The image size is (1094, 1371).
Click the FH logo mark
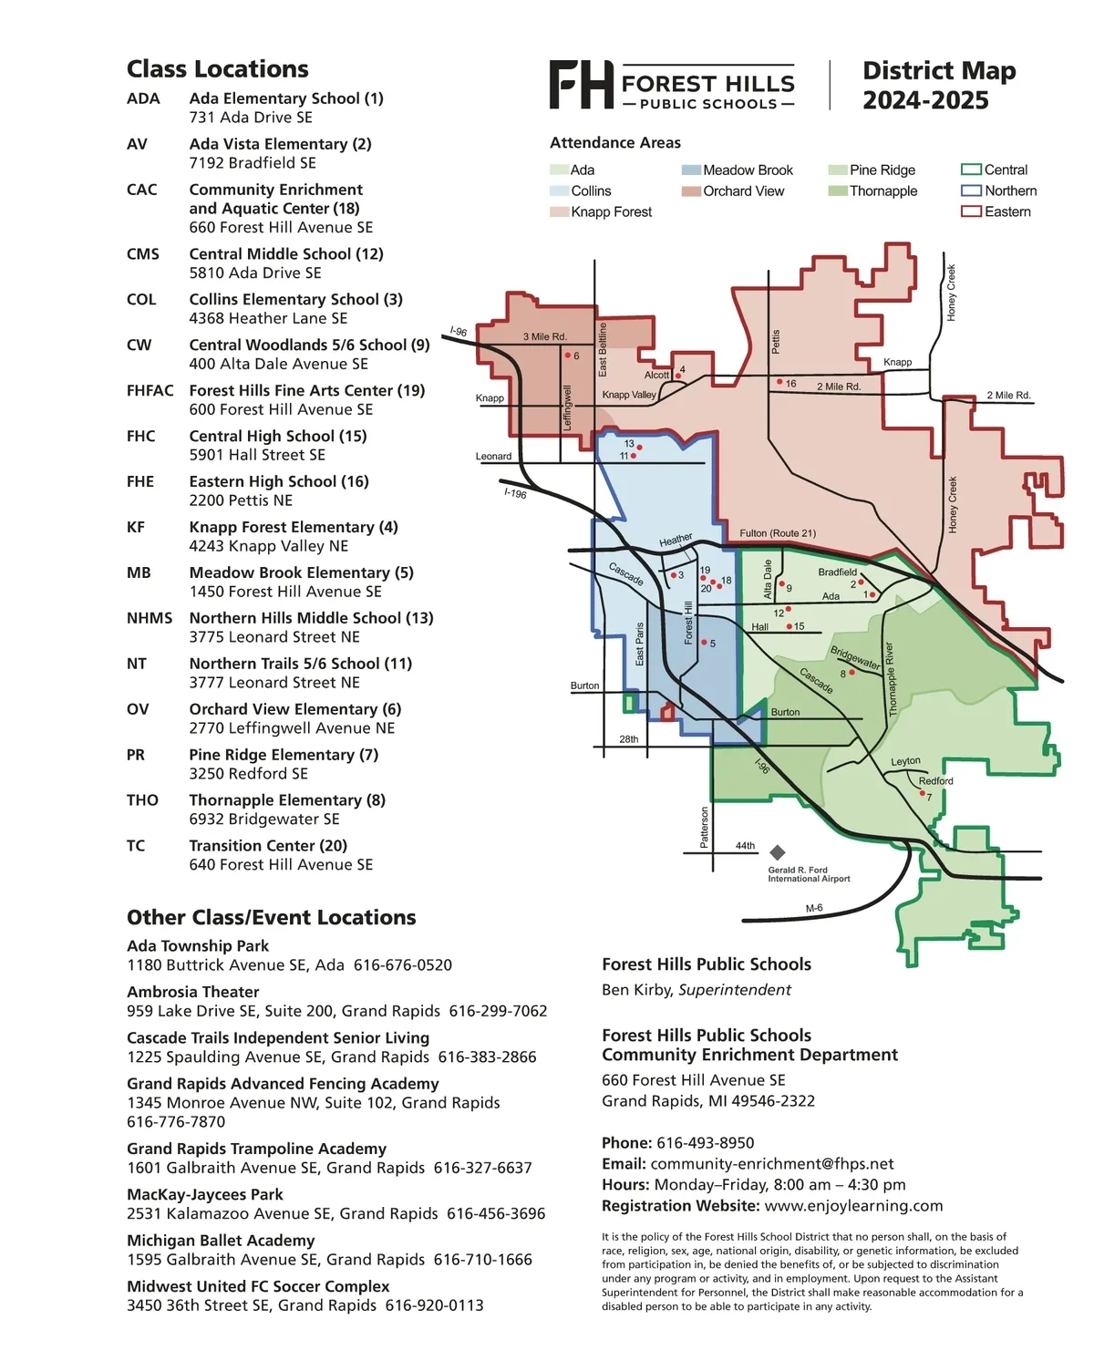[581, 85]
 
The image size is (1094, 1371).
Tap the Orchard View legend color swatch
[691, 191]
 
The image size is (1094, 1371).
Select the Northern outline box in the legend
[970, 191]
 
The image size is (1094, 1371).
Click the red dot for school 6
[568, 355]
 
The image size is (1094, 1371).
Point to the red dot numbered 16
[779, 382]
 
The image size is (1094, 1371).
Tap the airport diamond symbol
[777, 851]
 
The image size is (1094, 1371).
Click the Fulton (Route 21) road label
[778, 532]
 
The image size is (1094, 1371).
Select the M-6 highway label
[813, 908]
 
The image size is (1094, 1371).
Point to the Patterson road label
[704, 827]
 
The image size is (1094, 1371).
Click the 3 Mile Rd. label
[545, 336]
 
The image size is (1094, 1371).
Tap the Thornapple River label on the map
[891, 678]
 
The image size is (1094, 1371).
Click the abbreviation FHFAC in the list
[150, 390]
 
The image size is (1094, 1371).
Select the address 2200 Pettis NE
[240, 500]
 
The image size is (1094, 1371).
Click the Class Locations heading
[217, 68]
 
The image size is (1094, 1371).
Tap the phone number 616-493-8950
[705, 1142]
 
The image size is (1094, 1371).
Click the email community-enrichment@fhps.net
[771, 1163]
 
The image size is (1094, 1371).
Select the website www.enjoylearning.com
[853, 1205]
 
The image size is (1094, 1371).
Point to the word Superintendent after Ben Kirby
[735, 989]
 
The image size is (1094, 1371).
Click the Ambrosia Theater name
[192, 991]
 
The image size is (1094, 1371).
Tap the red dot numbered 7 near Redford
[922, 792]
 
